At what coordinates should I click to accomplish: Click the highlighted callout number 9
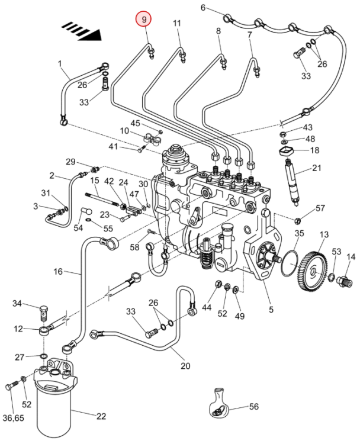coord(143,20)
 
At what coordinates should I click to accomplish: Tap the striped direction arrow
coord(83,29)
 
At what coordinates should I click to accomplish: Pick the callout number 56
coord(254,407)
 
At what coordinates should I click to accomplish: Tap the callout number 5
coord(271,309)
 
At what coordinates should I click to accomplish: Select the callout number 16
coord(57,272)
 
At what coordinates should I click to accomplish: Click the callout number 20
coord(185,366)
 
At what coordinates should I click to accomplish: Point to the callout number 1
coord(60,63)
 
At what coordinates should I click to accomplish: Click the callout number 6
coord(203,8)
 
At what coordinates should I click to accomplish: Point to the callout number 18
coord(314,150)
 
